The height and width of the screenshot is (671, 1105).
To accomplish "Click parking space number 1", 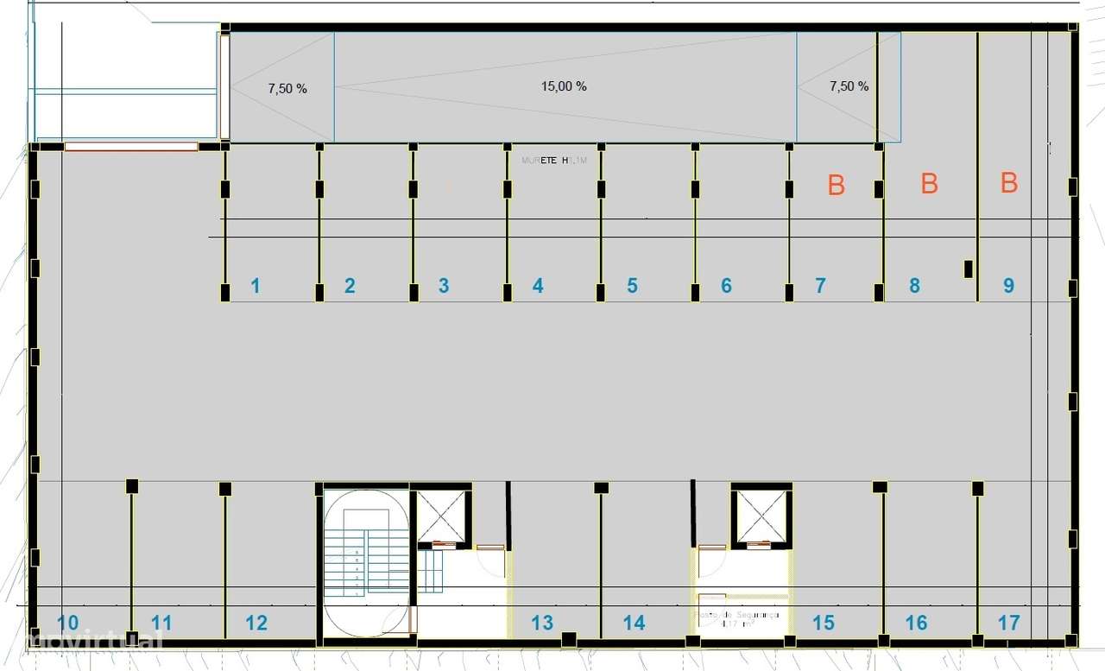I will click(256, 286).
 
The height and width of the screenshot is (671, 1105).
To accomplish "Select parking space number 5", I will click(632, 286).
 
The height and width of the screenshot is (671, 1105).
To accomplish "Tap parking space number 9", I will click(1008, 286).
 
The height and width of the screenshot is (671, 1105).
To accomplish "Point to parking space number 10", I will click(68, 622).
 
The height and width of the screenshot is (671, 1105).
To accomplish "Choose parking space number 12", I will click(256, 622).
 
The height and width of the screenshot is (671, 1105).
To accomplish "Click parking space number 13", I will click(542, 622).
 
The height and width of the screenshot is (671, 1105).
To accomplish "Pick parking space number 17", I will click(1008, 622).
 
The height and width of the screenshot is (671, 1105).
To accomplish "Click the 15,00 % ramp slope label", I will click(564, 86).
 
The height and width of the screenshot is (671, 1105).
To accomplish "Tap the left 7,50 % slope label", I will click(287, 88).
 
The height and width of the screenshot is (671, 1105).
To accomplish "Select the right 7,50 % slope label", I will click(849, 86).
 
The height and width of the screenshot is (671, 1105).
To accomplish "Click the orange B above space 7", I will click(836, 186).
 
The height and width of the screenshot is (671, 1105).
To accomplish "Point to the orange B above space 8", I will click(929, 183).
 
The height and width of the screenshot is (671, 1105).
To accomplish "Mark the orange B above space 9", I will click(1009, 183).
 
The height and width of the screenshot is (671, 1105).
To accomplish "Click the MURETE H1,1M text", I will click(554, 161).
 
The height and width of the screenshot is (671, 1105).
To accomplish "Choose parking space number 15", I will click(824, 622).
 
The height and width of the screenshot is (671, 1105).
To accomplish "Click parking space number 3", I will click(444, 286).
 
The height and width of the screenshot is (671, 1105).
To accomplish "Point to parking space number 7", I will click(820, 286).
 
